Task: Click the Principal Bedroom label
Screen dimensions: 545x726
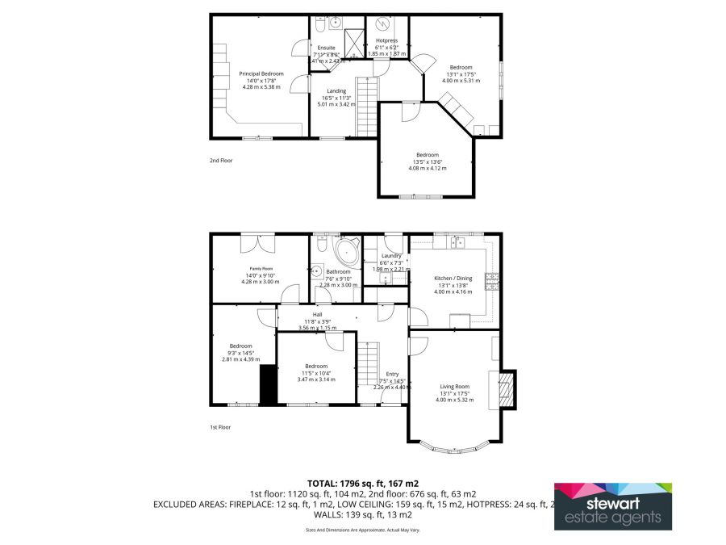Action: [261, 73]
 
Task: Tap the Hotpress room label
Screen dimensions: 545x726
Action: [387, 40]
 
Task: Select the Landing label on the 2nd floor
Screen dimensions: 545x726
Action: [336, 91]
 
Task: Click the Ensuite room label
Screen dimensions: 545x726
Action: [327, 48]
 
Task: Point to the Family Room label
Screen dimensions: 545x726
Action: [261, 268]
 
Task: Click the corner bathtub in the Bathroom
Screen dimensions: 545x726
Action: [348, 249]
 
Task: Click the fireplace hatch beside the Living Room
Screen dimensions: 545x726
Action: [507, 390]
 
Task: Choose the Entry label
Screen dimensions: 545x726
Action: [392, 374]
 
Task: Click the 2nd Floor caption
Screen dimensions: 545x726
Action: [220, 161]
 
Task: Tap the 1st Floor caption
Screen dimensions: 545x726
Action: [220, 427]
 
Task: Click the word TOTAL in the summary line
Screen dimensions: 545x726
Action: [324, 482]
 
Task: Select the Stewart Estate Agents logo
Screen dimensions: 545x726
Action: [612, 506]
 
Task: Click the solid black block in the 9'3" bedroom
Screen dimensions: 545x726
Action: [268, 385]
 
